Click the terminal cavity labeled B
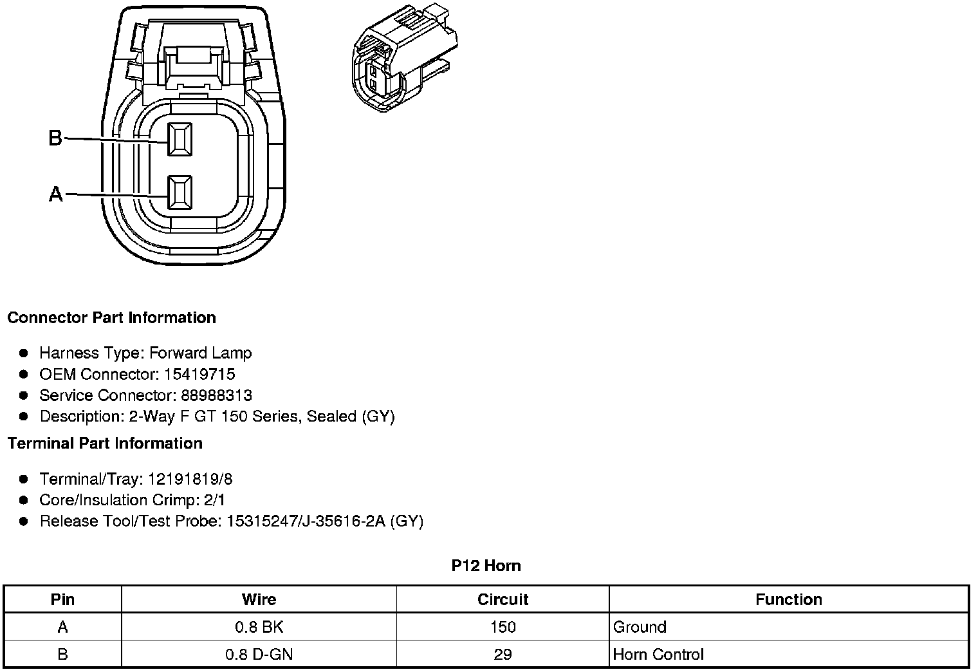tap(179, 139)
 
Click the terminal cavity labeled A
tap(179, 192)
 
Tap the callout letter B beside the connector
tap(56, 138)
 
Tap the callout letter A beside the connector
tap(56, 194)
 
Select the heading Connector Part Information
tap(111, 318)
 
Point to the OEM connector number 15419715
tap(199, 375)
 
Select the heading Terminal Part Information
tap(105, 443)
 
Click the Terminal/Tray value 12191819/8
tap(190, 480)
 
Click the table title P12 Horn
tap(486, 566)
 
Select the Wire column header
tap(259, 600)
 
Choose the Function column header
tap(788, 600)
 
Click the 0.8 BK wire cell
tap(259, 628)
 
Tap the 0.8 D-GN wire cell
tap(259, 655)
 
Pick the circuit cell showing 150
tap(503, 628)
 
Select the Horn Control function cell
tap(658, 655)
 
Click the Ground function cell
tap(640, 628)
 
